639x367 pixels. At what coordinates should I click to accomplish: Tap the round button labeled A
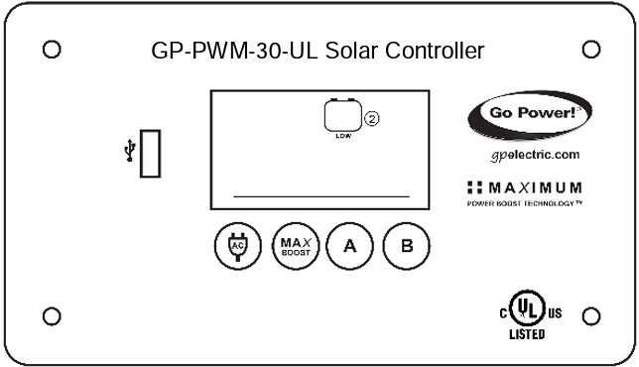[348, 246]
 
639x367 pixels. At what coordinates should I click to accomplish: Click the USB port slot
[150, 154]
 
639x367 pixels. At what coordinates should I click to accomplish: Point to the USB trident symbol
[127, 152]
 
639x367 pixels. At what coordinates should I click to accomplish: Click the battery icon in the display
[342, 116]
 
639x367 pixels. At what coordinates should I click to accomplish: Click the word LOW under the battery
[342, 136]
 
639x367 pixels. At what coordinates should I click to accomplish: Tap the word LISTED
[527, 334]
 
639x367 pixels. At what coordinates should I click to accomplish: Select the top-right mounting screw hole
[590, 48]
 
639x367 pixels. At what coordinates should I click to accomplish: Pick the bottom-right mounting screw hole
[590, 316]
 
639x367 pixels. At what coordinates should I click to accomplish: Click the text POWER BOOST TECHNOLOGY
[524, 202]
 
